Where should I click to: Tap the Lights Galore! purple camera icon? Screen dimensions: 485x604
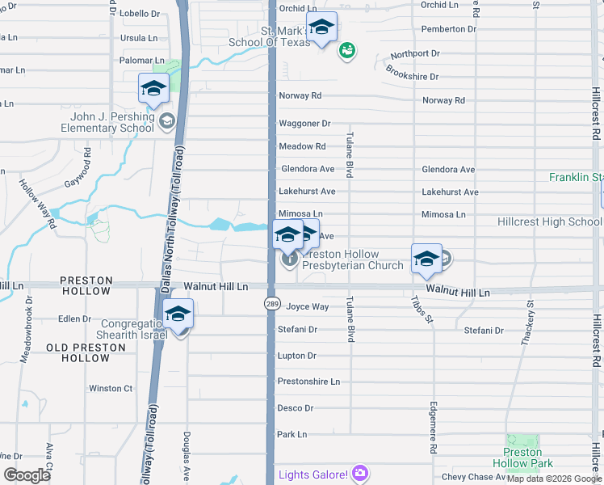click(360, 474)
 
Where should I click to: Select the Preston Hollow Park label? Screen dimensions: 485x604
click(528, 458)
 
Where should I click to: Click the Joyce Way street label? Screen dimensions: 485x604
click(308, 307)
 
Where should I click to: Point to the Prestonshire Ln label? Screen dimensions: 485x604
click(308, 382)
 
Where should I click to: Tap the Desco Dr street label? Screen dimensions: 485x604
click(295, 408)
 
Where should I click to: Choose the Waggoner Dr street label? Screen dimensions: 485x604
click(304, 124)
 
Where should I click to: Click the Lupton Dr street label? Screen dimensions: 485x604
click(296, 356)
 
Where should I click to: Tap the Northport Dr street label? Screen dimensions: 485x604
click(415, 54)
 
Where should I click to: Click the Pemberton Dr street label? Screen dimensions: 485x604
click(449, 29)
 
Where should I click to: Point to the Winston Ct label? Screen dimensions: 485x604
click(111, 389)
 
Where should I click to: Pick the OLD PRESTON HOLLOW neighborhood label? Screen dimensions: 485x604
click(86, 352)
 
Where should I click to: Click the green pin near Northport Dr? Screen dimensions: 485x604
click(346, 51)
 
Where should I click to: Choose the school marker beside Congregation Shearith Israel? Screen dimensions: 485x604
click(178, 314)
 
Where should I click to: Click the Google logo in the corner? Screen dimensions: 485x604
click(27, 475)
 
